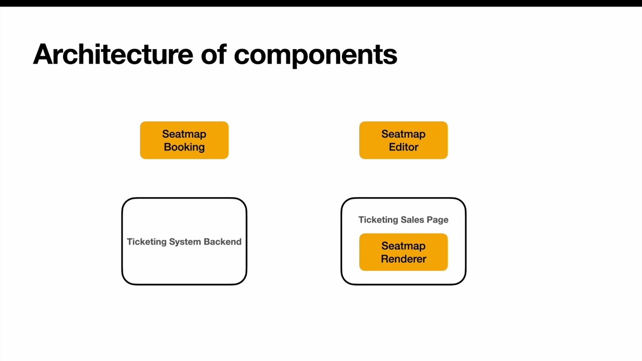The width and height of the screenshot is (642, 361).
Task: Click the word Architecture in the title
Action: [113, 54]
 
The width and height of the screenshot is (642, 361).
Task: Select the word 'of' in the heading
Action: [213, 54]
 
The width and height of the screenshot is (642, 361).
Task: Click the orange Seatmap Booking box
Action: [184, 140]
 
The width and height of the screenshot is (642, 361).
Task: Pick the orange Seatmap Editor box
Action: [403, 140]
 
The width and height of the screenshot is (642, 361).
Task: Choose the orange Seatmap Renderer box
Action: [403, 252]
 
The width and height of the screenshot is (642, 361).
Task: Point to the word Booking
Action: [184, 147]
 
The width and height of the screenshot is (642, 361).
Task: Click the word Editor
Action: [403, 147]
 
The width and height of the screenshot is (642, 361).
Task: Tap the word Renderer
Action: [403, 259]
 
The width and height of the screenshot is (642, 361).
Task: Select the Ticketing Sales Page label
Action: [403, 220]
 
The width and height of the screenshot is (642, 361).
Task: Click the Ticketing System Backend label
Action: [184, 242]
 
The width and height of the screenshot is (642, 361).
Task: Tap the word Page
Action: [437, 220]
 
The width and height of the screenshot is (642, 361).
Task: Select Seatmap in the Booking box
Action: [184, 134]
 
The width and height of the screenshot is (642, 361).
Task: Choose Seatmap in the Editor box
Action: [403, 134]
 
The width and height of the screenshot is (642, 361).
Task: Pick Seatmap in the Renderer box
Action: [403, 246]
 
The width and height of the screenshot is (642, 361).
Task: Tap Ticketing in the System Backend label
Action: [146, 242]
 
